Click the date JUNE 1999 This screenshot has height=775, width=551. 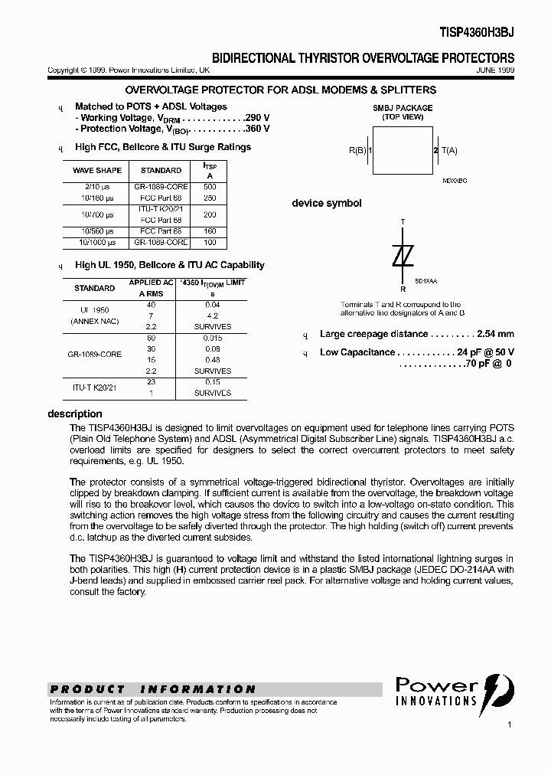point(495,70)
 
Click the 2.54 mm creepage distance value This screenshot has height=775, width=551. point(495,334)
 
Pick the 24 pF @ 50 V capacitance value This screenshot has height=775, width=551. point(486,352)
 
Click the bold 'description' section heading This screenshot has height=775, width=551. point(75,414)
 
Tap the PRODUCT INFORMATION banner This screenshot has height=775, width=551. point(153,688)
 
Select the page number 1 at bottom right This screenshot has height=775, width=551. point(508,724)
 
